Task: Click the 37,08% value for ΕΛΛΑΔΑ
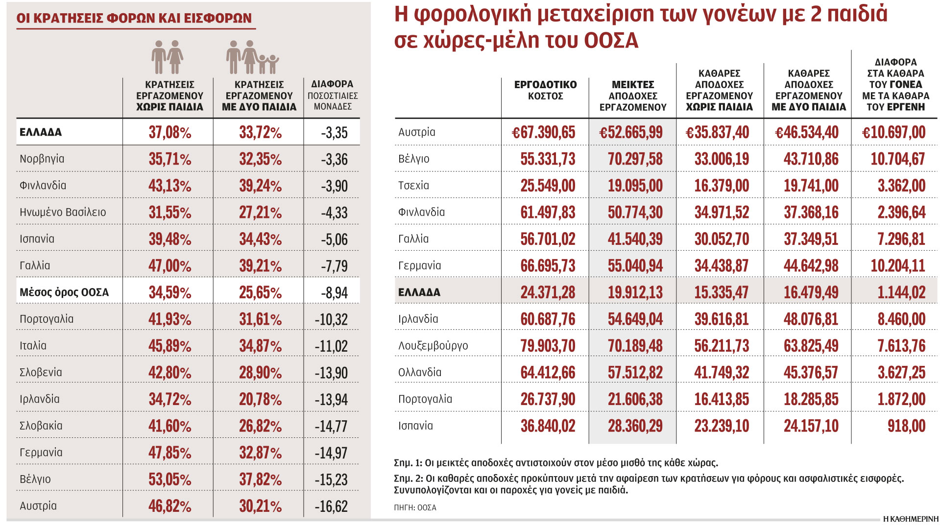169,132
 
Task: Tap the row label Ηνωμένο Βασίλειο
63,212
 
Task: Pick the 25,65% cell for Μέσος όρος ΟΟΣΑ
260,292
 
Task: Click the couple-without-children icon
167,57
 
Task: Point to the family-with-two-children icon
252,57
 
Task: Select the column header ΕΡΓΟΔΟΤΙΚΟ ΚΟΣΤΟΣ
545,90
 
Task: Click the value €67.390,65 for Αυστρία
543,132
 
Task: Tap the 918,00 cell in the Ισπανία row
906,426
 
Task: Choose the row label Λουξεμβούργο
433,346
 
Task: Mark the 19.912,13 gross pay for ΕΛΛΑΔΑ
635,292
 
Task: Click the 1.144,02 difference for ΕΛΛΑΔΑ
901,292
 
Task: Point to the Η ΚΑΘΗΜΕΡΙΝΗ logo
911,519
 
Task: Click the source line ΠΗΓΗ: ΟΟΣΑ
415,507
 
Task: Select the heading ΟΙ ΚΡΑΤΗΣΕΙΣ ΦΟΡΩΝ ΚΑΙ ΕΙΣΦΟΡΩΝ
134,18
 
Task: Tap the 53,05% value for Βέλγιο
169,479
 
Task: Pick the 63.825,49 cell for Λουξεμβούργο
811,346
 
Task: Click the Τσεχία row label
413,186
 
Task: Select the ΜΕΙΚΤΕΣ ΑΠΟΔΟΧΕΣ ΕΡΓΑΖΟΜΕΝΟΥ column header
633,96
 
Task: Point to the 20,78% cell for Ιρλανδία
260,399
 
